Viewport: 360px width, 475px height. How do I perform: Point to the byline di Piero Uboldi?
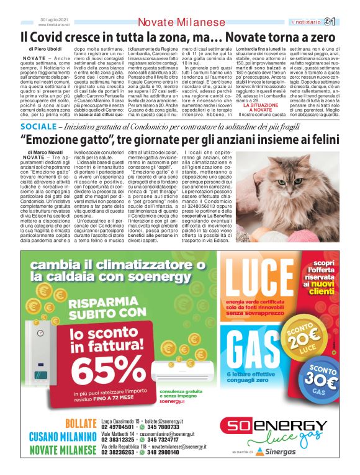[x=45, y=48]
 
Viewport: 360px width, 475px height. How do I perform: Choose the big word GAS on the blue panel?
[x=259, y=350]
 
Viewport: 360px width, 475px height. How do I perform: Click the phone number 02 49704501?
[x=118, y=427]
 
